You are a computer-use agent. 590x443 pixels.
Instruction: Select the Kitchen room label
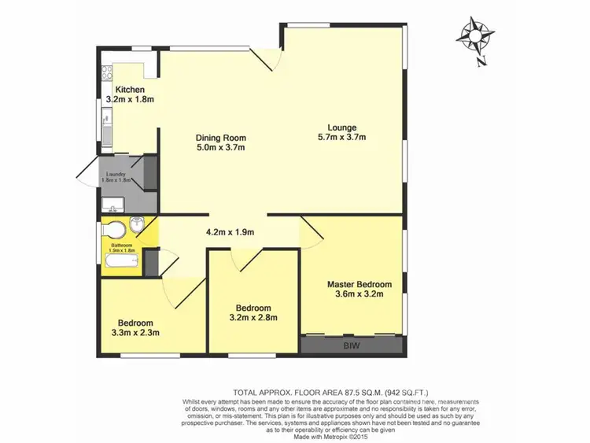[131, 90]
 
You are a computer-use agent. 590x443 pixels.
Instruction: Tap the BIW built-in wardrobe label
[352, 345]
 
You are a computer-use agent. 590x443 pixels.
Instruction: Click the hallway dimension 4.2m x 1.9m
[230, 232]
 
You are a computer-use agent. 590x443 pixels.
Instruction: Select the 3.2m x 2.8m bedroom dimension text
[253, 318]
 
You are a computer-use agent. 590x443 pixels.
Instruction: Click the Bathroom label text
[122, 245]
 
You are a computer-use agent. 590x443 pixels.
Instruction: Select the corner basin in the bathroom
[137, 225]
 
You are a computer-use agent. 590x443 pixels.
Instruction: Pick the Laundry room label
[112, 174]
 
